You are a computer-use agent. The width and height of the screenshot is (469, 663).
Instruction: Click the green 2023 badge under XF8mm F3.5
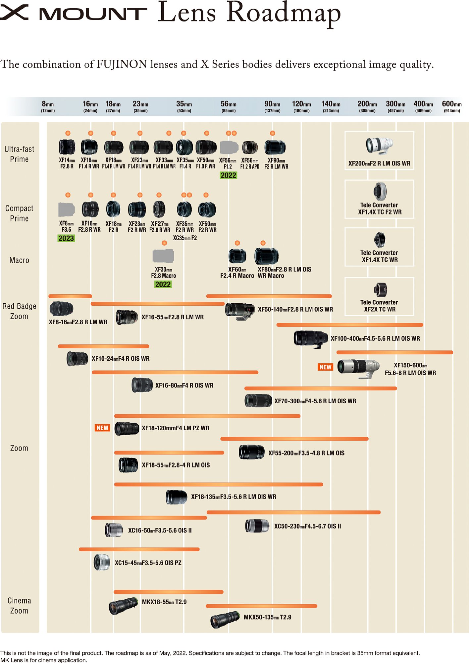[x=66, y=238]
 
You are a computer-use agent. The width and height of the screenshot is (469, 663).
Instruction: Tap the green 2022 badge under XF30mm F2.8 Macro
[x=163, y=284]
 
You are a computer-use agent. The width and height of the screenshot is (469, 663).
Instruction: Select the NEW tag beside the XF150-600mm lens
[x=325, y=367]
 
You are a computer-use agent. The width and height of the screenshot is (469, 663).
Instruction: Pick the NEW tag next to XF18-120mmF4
[x=102, y=428]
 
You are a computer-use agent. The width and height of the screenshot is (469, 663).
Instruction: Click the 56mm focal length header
[x=229, y=106]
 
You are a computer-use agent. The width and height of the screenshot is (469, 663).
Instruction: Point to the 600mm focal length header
[x=452, y=106]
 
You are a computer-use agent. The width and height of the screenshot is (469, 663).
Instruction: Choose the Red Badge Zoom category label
[x=19, y=311]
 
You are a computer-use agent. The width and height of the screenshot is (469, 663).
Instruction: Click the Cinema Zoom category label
[x=19, y=606]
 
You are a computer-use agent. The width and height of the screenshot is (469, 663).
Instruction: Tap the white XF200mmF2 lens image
[x=379, y=146]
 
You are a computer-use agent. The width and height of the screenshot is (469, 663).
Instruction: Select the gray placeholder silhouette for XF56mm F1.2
[x=229, y=148]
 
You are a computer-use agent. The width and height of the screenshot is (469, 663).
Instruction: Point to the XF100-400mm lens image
[x=311, y=339]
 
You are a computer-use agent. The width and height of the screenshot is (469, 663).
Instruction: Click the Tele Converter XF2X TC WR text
[x=379, y=306]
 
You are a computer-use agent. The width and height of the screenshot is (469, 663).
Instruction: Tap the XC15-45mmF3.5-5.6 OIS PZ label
[x=148, y=563]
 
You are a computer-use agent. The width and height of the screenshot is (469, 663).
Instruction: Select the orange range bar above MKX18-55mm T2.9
[x=169, y=592]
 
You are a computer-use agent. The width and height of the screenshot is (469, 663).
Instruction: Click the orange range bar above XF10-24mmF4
[x=103, y=346]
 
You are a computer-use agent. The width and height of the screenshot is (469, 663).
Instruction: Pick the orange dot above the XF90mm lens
[x=273, y=133]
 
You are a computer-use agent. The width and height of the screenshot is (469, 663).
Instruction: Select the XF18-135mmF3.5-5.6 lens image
[x=177, y=497]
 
